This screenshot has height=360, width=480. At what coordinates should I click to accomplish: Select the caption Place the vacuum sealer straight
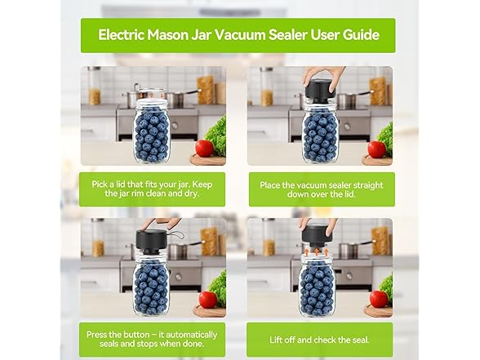(x=321, y=185)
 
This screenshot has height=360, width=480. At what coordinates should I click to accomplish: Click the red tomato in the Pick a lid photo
(x=204, y=149)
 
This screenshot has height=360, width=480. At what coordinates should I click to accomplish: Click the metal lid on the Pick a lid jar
(x=151, y=95)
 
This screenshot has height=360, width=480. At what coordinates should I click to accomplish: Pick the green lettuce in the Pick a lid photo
(x=216, y=132)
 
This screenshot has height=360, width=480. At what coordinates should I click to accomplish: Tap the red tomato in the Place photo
(x=376, y=149)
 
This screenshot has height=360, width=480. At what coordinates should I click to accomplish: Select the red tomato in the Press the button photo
(x=207, y=299)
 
